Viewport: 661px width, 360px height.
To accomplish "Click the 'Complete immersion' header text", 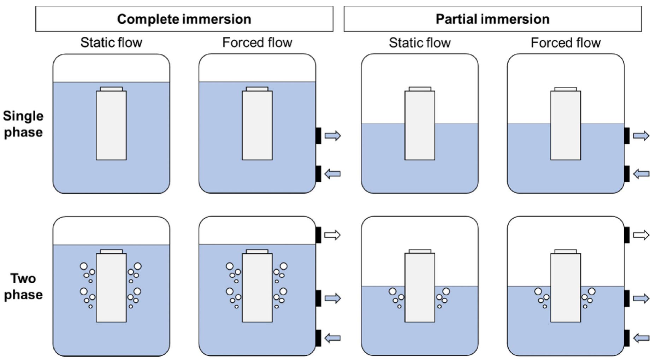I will [184, 19].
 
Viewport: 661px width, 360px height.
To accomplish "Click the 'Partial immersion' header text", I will [492, 19].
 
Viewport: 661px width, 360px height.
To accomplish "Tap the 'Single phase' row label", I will [23, 124].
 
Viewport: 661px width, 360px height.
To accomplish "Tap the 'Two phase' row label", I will [23, 287].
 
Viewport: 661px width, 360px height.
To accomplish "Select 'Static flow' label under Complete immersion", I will [111, 43].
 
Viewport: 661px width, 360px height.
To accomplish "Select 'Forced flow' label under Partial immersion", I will [566, 43].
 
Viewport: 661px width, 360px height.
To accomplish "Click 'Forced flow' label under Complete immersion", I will [257, 43].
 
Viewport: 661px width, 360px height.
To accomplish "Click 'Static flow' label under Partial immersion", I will [420, 43].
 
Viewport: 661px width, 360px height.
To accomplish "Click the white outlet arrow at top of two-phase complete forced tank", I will [332, 235].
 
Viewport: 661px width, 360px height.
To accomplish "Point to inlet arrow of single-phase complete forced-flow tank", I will [332, 174].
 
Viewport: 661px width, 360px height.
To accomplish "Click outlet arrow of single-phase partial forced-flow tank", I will [641, 136].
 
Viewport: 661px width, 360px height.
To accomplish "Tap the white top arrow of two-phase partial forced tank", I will [641, 235].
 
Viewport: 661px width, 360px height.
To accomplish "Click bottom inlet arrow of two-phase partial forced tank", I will [641, 338].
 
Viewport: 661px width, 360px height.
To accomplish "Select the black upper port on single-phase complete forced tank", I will [318, 136].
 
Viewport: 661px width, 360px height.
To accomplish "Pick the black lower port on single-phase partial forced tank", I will [627, 174].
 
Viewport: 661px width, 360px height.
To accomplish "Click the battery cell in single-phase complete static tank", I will [111, 125].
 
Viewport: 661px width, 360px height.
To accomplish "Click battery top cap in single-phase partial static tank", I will [420, 89].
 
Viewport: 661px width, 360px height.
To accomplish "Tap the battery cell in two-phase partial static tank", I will [420, 288].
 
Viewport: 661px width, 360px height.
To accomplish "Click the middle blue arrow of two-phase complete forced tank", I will [332, 299].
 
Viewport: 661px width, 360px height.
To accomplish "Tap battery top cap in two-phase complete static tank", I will [111, 252].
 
